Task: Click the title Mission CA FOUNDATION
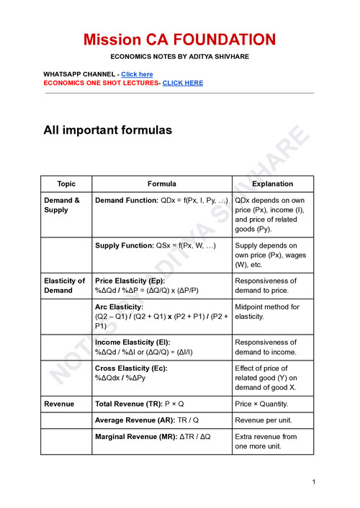[x=179, y=39]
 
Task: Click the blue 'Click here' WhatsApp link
[x=137, y=74]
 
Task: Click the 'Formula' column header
[x=161, y=184]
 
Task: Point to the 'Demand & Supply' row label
[x=62, y=205]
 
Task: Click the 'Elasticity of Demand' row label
[x=64, y=286]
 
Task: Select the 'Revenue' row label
[x=59, y=404]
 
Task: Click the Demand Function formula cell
[x=161, y=200]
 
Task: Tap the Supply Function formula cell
[x=155, y=246]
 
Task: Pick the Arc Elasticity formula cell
[x=161, y=316]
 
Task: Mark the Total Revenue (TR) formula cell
[x=140, y=404]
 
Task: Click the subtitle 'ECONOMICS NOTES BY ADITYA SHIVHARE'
[x=179, y=56]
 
